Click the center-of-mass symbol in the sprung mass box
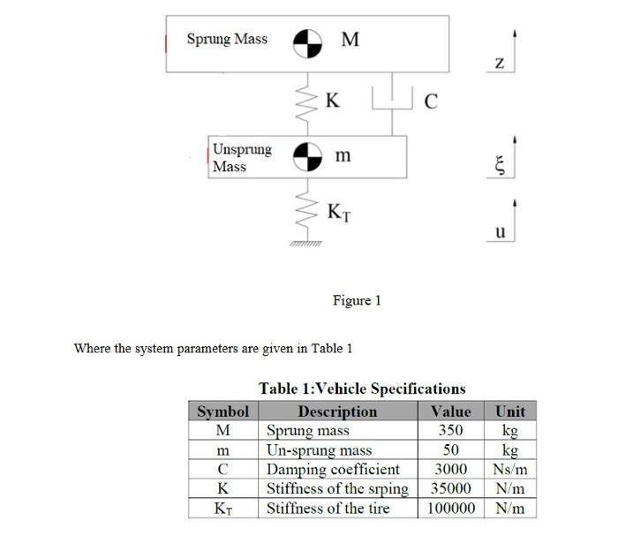tap(307, 41)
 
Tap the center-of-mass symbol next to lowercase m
tap(307, 156)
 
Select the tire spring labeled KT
tap(307, 211)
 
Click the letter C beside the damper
tap(430, 101)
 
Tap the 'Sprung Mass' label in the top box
tap(227, 39)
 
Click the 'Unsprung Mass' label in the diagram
tap(242, 157)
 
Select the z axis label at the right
tap(500, 63)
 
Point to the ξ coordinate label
tap(499, 166)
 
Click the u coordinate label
tap(500, 231)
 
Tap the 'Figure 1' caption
tap(357, 300)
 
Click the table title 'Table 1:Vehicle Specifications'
tap(362, 389)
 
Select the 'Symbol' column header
tap(222, 411)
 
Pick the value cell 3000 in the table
tap(451, 470)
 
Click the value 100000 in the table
tap(451, 509)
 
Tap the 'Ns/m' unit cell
tap(510, 470)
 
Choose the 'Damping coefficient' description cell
tap(333, 470)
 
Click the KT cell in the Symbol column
tap(222, 509)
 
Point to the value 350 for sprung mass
tap(451, 431)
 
